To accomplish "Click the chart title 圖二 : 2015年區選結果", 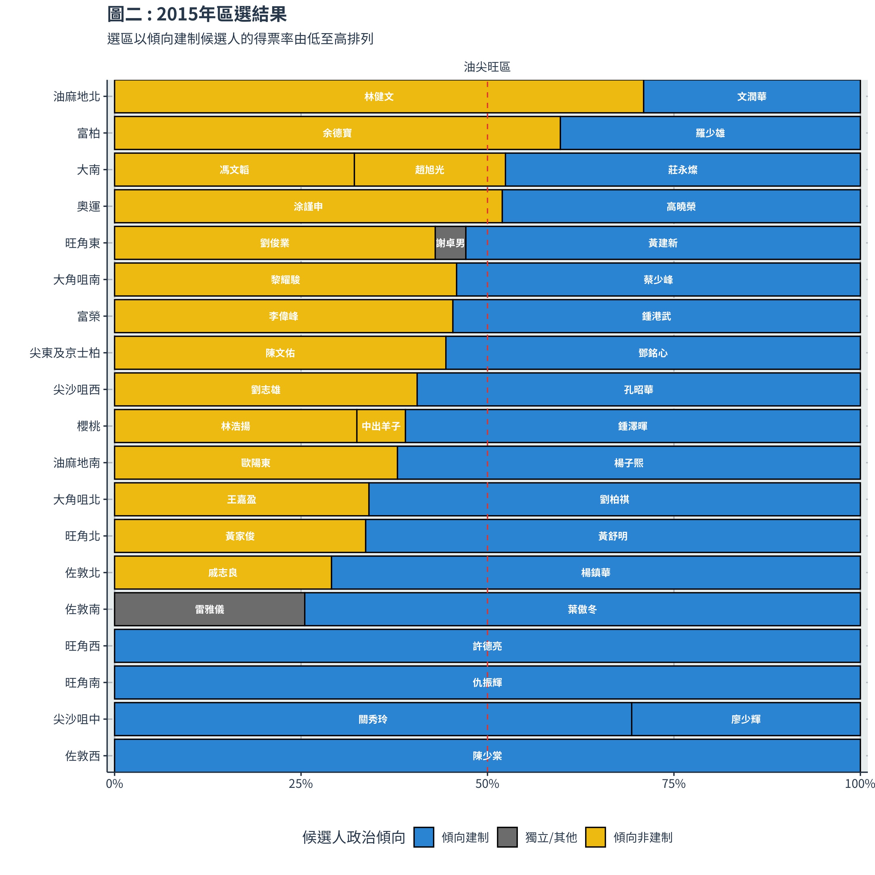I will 197,15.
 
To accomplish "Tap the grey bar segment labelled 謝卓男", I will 450,243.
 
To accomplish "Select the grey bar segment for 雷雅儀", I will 209,609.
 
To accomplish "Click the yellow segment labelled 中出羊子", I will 381,426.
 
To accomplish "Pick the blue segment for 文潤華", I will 751,96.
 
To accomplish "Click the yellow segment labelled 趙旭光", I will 429,170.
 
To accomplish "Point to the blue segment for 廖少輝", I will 745,719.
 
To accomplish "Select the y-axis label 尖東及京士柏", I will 65,353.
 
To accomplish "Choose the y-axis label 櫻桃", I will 88,426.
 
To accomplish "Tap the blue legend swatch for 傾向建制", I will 424,837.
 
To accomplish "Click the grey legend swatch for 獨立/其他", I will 507,837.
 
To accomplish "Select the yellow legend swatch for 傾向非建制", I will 595,837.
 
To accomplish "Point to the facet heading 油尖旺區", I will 487,67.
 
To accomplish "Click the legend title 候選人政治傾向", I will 354,837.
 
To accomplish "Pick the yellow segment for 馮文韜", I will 234,170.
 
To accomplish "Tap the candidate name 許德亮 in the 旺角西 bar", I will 487,646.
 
